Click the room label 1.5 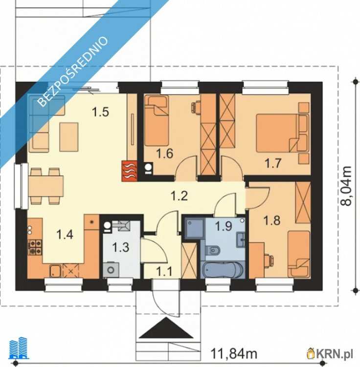(100, 112)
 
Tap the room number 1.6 (165, 154)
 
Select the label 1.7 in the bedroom (273, 163)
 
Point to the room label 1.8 (272, 220)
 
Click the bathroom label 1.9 (224, 226)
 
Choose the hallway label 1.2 (179, 196)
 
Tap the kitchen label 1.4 (65, 234)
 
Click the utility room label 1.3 (120, 247)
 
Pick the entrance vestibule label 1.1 (164, 272)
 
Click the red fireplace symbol (129, 171)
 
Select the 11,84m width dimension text (234, 354)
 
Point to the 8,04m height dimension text (346, 186)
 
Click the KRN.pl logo (330, 353)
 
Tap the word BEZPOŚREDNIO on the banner (73, 71)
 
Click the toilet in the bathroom (212, 251)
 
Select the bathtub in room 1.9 (223, 270)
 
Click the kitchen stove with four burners (35, 247)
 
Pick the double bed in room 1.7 (278, 133)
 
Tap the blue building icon (19, 348)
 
